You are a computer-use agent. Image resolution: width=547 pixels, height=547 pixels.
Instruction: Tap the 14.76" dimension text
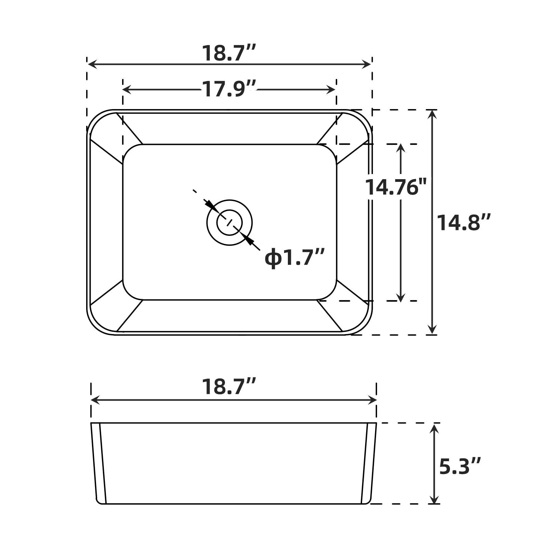[396, 187]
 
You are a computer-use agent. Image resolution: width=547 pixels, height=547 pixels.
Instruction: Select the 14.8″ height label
[464, 223]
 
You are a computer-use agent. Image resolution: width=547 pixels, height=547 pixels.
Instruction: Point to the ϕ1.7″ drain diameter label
[294, 257]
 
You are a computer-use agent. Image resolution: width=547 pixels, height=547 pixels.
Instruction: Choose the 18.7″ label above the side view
[229, 386]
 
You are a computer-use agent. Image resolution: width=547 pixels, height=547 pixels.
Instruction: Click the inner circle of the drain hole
[229, 223]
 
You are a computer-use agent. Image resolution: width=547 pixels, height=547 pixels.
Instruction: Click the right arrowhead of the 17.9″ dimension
[331, 90]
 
